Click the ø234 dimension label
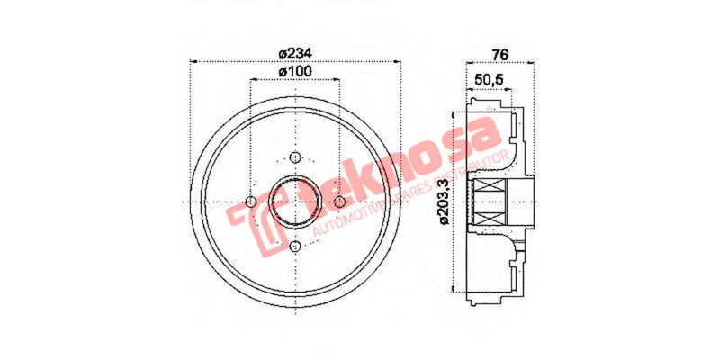294,51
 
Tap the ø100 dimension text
294,71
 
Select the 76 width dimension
500,53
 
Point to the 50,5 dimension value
489,81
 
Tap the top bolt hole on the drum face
294,158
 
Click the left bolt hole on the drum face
250,202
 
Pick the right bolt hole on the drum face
338,202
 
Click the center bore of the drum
294,202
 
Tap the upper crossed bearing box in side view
491,191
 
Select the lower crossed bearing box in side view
491,214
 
